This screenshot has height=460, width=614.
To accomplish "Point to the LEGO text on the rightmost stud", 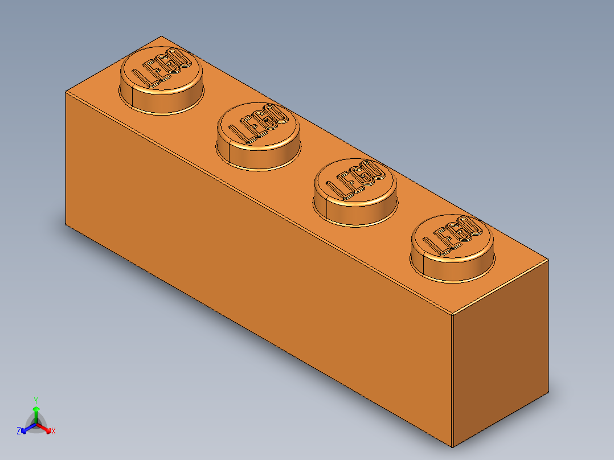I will [x=452, y=236].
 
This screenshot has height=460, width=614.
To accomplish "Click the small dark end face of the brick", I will [x=500, y=353].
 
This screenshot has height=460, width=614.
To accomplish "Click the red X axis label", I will [x=54, y=431].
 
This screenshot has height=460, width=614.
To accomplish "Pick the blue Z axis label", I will [x=19, y=431].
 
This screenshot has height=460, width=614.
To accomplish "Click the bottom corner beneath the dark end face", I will [x=452, y=447].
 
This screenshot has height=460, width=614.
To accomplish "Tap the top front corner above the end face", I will [x=452, y=314].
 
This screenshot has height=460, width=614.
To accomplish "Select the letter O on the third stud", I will [x=374, y=169].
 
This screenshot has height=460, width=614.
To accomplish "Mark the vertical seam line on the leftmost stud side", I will [x=132, y=97].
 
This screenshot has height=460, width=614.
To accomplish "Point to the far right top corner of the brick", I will [x=548, y=260].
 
